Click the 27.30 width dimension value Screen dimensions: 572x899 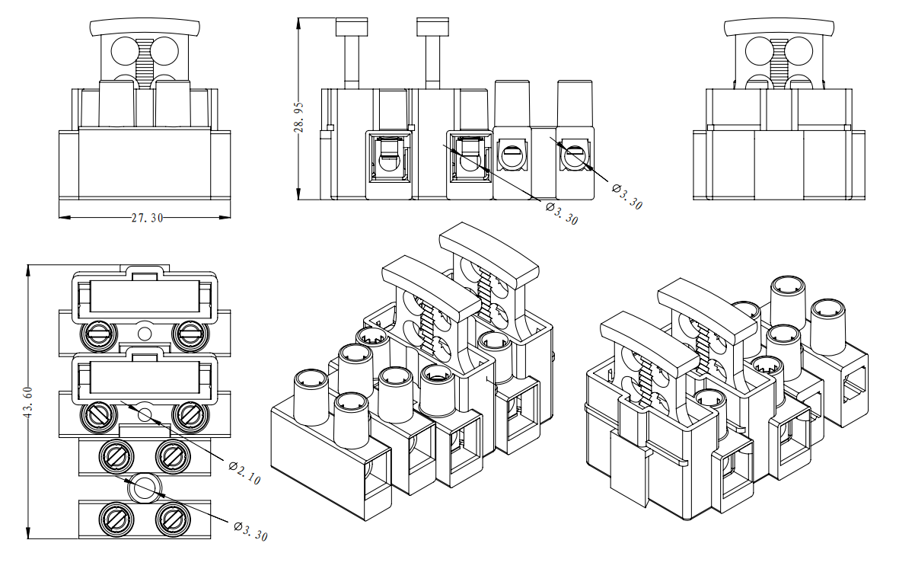tap(147, 218)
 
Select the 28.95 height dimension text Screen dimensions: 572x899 tap(299, 119)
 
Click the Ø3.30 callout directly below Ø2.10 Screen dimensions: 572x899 tap(250, 530)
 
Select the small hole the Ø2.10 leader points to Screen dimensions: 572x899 tap(145, 414)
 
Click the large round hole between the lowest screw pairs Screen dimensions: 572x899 tap(144, 487)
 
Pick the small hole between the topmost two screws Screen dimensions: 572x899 tap(145, 332)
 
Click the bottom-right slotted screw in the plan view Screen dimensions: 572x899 tap(171, 520)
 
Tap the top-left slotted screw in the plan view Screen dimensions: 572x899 tap(98, 332)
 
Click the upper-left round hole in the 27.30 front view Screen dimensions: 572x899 tap(124, 51)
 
